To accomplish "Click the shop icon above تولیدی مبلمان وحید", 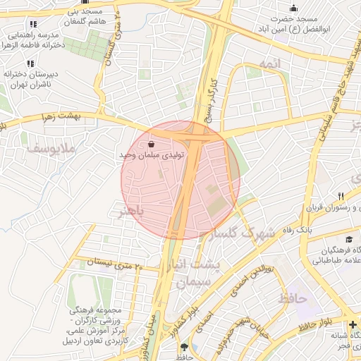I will point(153,144).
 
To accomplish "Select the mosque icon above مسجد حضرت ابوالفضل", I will point(293,8).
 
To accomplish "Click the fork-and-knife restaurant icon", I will point(341,196).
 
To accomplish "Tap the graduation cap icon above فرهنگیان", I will point(350,240).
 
